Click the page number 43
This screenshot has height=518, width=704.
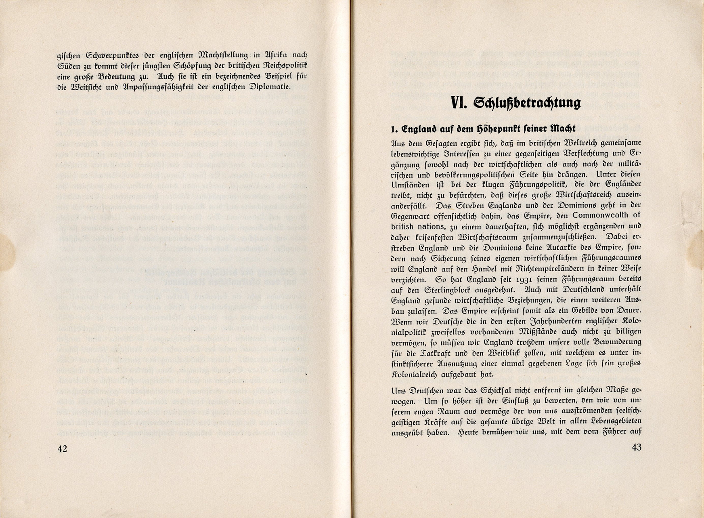point(636,447)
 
